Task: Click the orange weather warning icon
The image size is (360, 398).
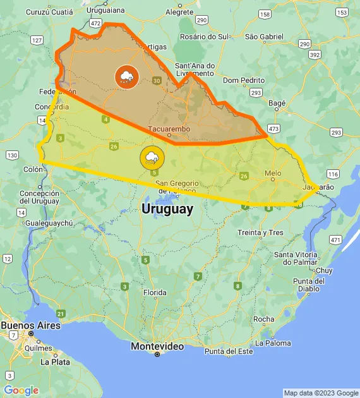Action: [x=126, y=76]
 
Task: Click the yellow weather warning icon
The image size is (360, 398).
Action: [x=152, y=157]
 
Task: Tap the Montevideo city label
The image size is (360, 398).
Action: [x=157, y=347]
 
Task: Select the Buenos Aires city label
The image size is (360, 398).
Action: [x=30, y=325]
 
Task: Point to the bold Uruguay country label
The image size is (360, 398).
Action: [x=167, y=209]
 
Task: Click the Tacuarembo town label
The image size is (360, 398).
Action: [x=169, y=130]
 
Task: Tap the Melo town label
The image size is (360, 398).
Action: [x=273, y=173]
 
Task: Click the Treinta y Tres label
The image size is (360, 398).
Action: [x=260, y=232]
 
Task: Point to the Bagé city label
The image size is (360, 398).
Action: [x=277, y=103]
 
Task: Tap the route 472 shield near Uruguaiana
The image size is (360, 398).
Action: [x=95, y=23]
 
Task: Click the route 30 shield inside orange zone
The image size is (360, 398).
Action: [x=157, y=80]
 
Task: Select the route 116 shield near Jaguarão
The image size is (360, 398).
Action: [x=333, y=174]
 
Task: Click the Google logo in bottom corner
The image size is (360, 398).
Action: [x=21, y=390]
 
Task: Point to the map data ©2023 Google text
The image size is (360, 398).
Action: [x=320, y=393]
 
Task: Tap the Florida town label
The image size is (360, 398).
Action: [x=155, y=292]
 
